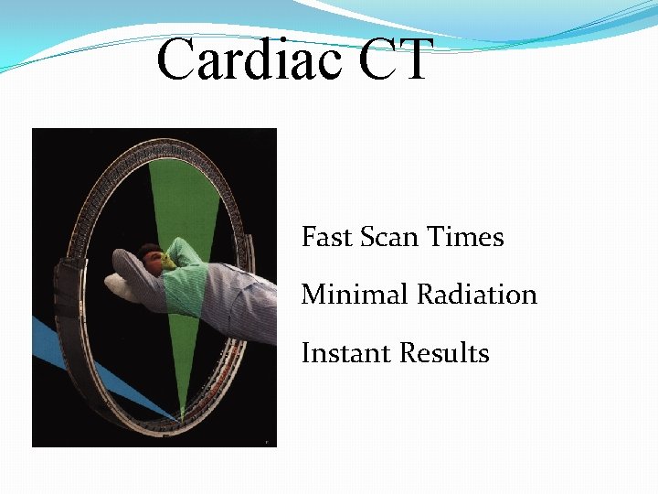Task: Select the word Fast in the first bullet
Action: [326, 238]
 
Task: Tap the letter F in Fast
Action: [309, 238]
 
